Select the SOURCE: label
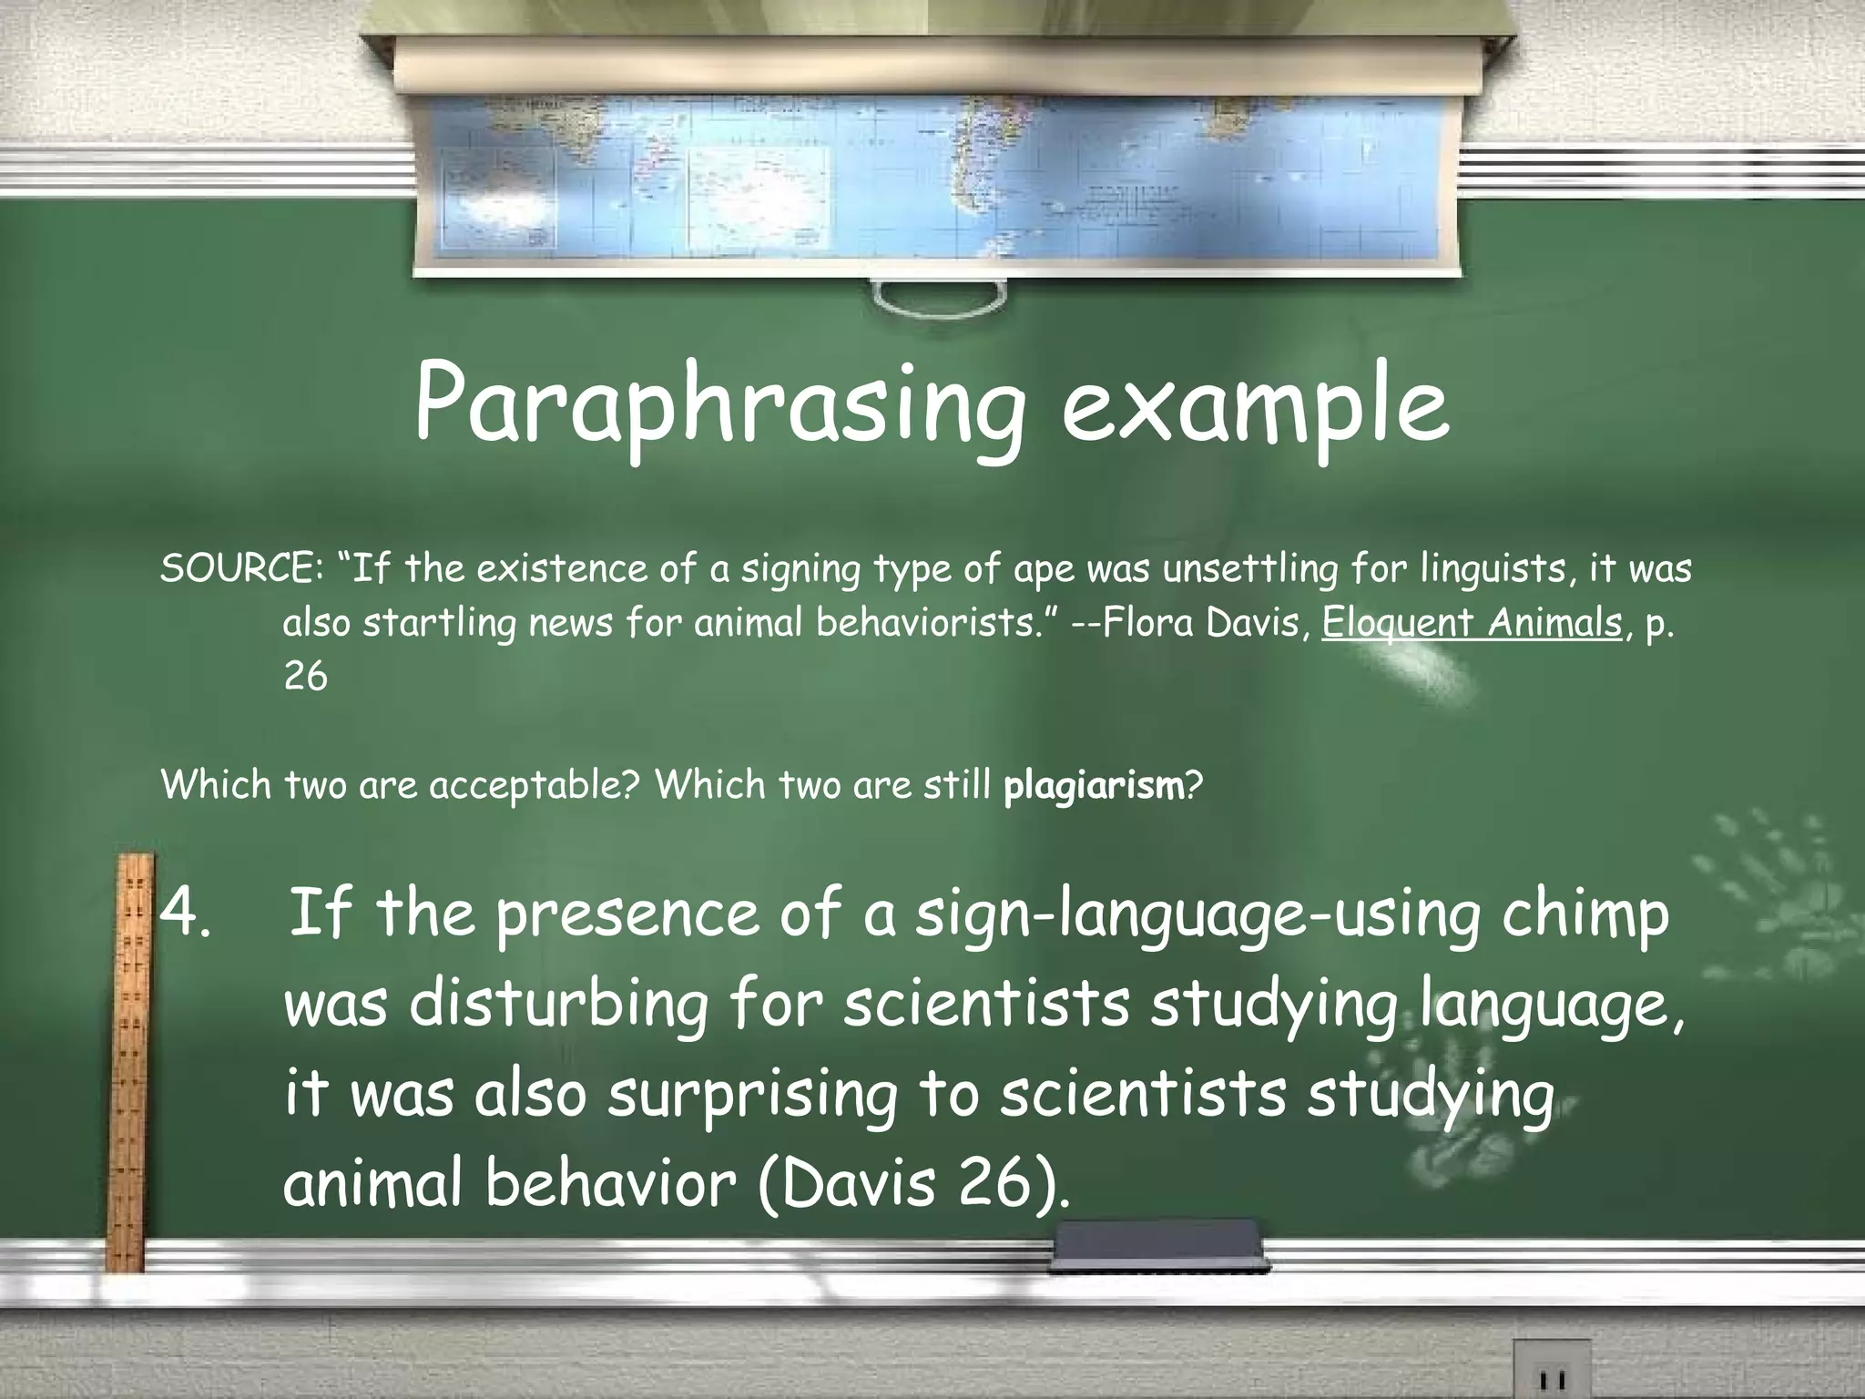(239, 569)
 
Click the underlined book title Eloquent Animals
(1472, 624)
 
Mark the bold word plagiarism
(1093, 785)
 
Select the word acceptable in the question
(534, 785)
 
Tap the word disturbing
(558, 1005)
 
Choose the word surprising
(752, 1096)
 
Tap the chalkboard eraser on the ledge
(1157, 1246)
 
